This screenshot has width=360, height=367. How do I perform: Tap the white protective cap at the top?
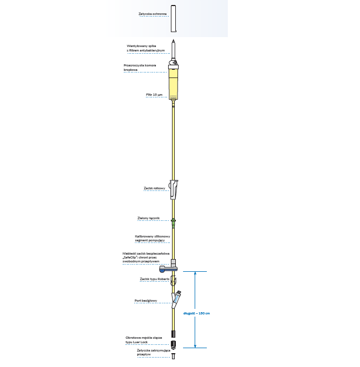174,19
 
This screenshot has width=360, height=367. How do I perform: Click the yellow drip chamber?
174,86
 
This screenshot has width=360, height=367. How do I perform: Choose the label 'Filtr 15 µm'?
154,95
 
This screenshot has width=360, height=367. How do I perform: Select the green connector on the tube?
174,221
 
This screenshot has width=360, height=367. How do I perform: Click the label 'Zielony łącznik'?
148,219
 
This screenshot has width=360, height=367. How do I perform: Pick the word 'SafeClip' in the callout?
132,257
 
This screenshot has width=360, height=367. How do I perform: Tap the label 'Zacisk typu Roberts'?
154,280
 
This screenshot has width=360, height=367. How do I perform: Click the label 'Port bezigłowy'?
146,301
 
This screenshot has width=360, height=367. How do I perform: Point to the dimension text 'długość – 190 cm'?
196,313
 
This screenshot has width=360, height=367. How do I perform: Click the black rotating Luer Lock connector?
174,343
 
